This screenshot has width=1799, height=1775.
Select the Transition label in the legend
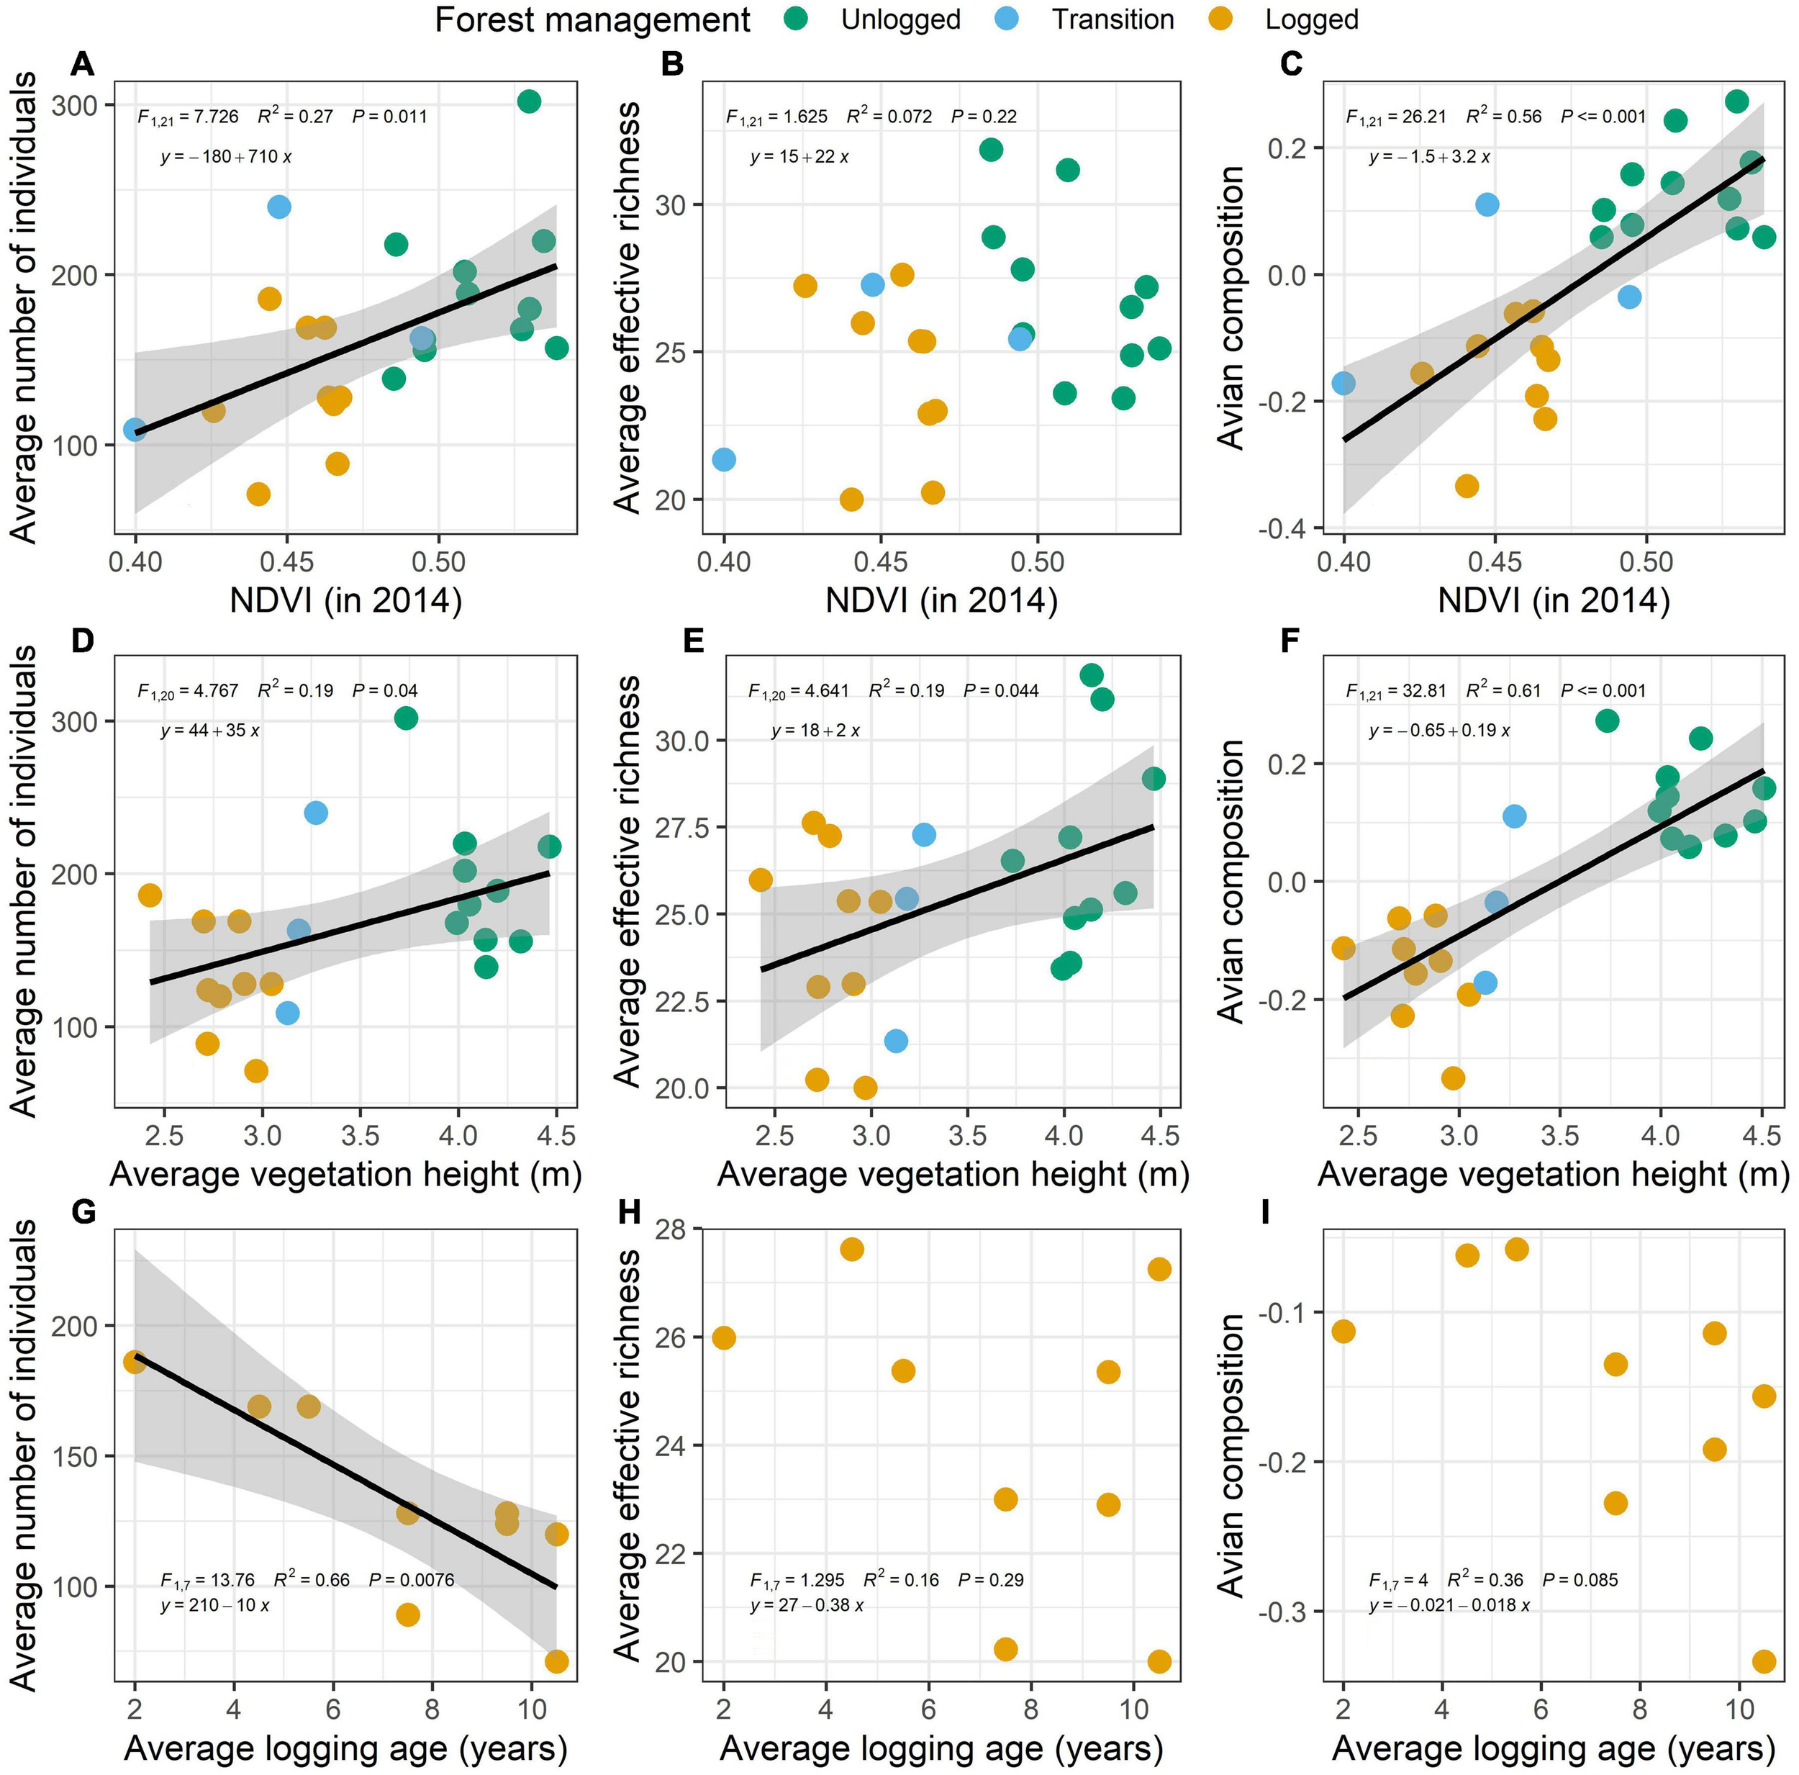[1113, 19]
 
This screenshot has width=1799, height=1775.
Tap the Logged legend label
[1311, 19]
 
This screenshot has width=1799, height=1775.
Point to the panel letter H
[630, 1213]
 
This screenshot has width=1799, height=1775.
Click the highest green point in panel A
[529, 101]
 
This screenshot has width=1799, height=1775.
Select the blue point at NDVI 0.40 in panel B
[723, 459]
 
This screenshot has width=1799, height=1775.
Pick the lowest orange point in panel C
[1467, 485]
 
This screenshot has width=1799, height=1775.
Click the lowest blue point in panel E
[896, 1040]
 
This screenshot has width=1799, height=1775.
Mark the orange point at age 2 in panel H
[723, 1338]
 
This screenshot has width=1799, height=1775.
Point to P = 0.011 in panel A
[389, 117]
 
